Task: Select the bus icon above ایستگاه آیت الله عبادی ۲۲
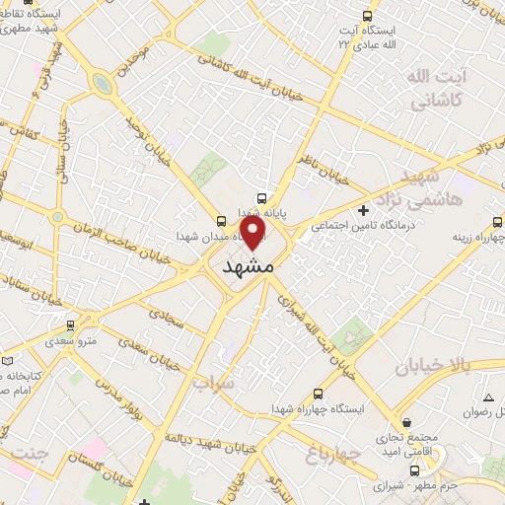[x=368, y=17]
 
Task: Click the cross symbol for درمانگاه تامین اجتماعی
[x=364, y=209]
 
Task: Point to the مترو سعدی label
[x=70, y=340]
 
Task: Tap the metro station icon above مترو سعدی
[x=70, y=324]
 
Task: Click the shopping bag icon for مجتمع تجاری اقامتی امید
[x=383, y=416]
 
